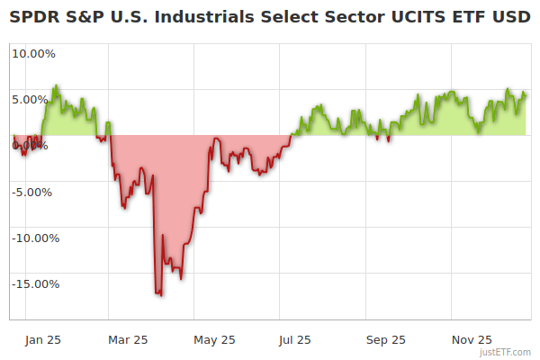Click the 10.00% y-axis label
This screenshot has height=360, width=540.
coord(32,53)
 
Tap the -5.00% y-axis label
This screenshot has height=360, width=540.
coord(32,192)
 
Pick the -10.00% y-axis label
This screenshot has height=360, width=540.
coord(35,238)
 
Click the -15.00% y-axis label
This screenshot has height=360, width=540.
coord(35,283)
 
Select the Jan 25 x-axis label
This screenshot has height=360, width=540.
coord(42,339)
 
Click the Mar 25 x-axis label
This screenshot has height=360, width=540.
coord(128,339)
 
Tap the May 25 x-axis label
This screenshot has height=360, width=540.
coord(214,339)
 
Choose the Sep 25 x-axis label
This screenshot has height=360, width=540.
coord(386,339)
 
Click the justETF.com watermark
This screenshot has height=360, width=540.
coord(505,352)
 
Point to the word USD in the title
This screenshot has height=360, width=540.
coord(512,17)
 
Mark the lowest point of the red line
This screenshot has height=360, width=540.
coord(159,294)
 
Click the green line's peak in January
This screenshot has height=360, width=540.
coord(56,86)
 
